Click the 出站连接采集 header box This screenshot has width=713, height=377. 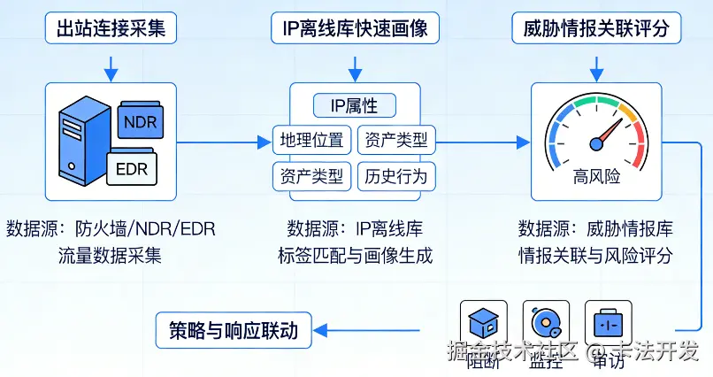click(111, 28)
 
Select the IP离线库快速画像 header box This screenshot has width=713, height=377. click(354, 28)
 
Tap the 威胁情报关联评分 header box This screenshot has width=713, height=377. click(597, 28)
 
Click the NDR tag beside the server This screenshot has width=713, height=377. click(140, 122)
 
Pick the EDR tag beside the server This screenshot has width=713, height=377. click(132, 169)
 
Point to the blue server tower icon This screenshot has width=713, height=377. click(80, 142)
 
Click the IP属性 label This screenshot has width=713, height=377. click(354, 105)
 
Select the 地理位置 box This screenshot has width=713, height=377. click(311, 140)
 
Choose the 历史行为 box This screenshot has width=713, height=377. click(395, 175)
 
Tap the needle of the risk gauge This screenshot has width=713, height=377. click(606, 134)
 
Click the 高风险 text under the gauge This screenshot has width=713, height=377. click(596, 175)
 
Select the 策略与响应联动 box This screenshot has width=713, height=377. click(234, 332)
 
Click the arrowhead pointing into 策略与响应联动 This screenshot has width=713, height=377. click(320, 332)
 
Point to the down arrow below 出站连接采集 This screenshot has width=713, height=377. click(111, 65)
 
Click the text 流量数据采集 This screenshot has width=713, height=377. click(111, 257)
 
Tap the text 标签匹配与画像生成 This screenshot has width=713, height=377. click(354, 257)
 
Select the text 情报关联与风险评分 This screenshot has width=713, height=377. click(595, 257)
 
